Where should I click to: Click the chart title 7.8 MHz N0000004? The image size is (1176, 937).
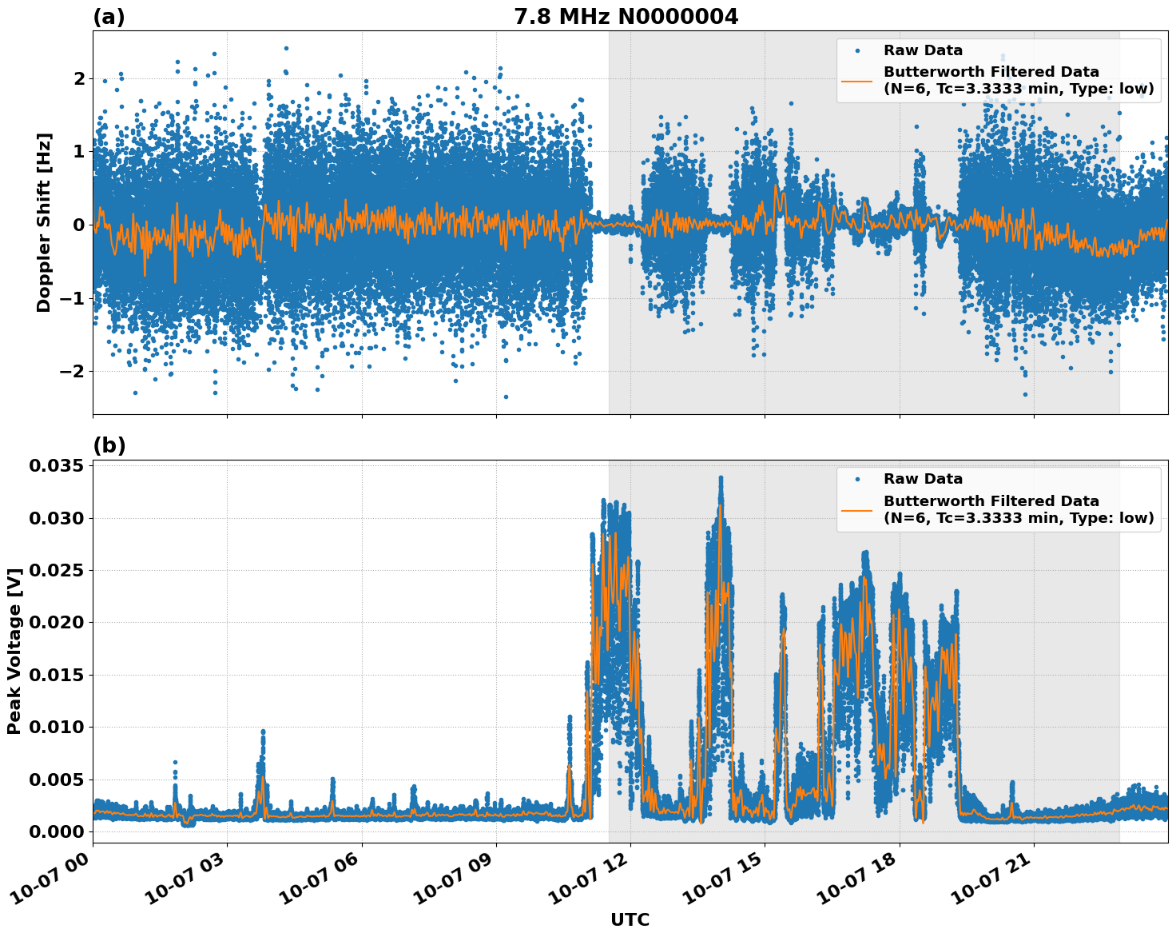tap(626, 16)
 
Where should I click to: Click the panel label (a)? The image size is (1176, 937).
tap(109, 17)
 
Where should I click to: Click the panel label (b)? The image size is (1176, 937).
tap(109, 445)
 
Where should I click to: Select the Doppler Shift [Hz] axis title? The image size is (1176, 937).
tap(44, 222)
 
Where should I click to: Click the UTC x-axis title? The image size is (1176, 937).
tap(630, 919)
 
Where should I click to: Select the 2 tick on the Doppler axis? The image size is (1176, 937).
tap(79, 78)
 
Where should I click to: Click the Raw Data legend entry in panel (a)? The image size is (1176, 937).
tap(923, 50)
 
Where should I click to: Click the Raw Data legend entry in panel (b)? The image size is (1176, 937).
tap(923, 479)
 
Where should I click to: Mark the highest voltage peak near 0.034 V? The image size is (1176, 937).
tap(721, 478)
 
